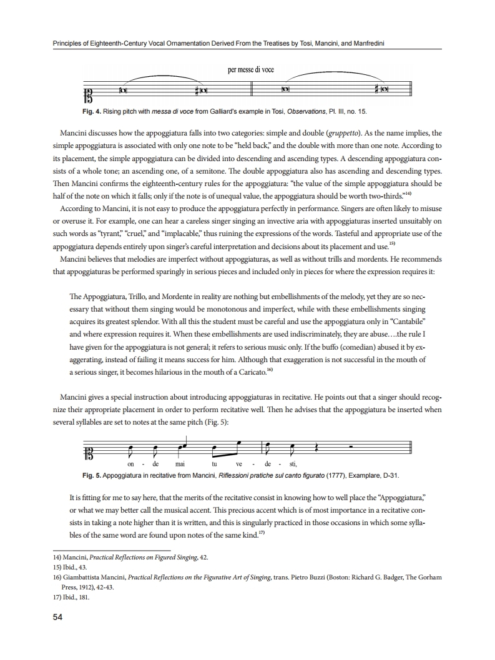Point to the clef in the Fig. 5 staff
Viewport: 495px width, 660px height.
88,450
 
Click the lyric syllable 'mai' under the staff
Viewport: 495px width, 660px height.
180,464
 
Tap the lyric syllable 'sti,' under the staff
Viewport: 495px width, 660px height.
291,464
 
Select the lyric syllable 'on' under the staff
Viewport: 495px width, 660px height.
130,464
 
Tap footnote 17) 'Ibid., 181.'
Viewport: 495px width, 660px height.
69,596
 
